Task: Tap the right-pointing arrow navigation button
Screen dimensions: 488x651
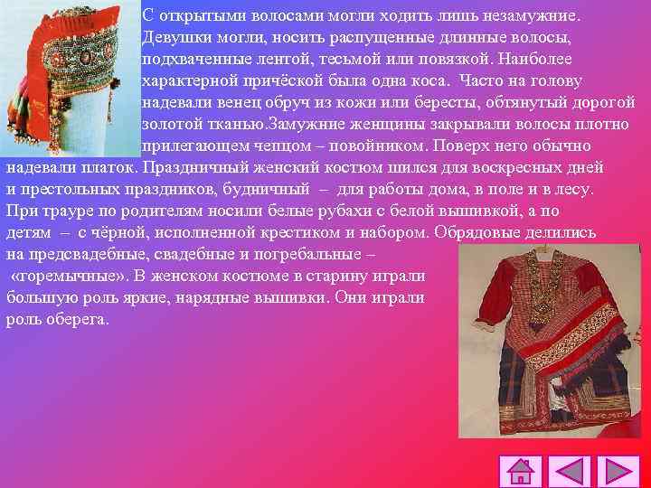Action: coord(622,472)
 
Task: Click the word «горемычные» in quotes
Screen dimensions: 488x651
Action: coord(69,276)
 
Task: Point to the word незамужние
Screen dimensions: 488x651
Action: coord(535,16)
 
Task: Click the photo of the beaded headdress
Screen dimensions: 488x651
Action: coord(70,77)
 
